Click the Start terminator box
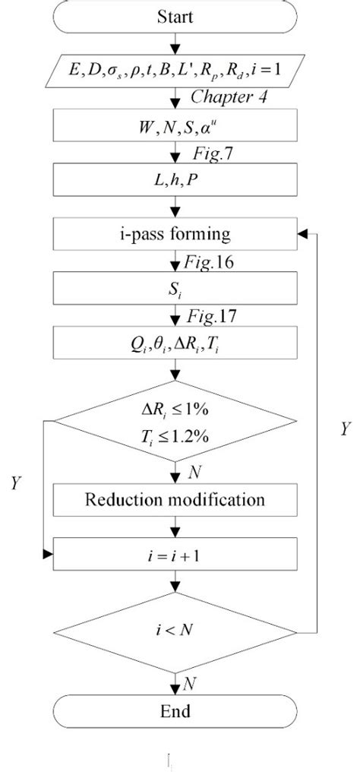pos(175,16)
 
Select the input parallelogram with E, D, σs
pos(175,75)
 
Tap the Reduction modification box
pos(175,500)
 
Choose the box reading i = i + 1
pos(175,556)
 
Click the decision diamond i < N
pos(175,630)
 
